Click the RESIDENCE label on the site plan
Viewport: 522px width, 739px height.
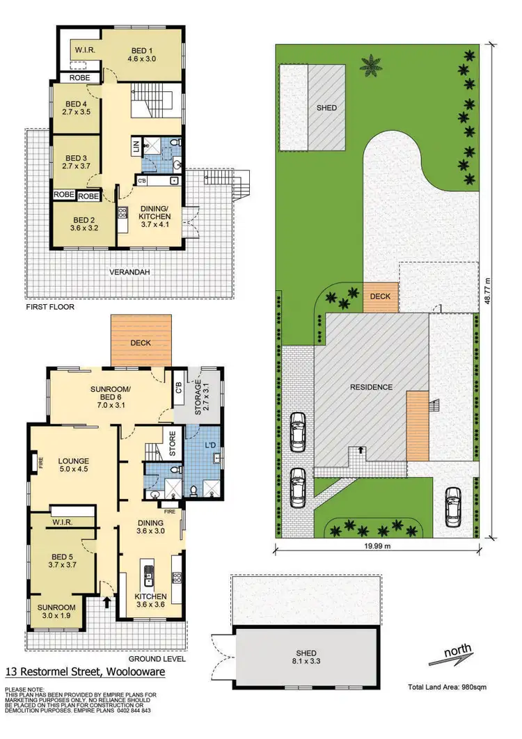pyautogui.click(x=371, y=387)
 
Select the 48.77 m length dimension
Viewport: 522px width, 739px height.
pyautogui.click(x=488, y=291)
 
